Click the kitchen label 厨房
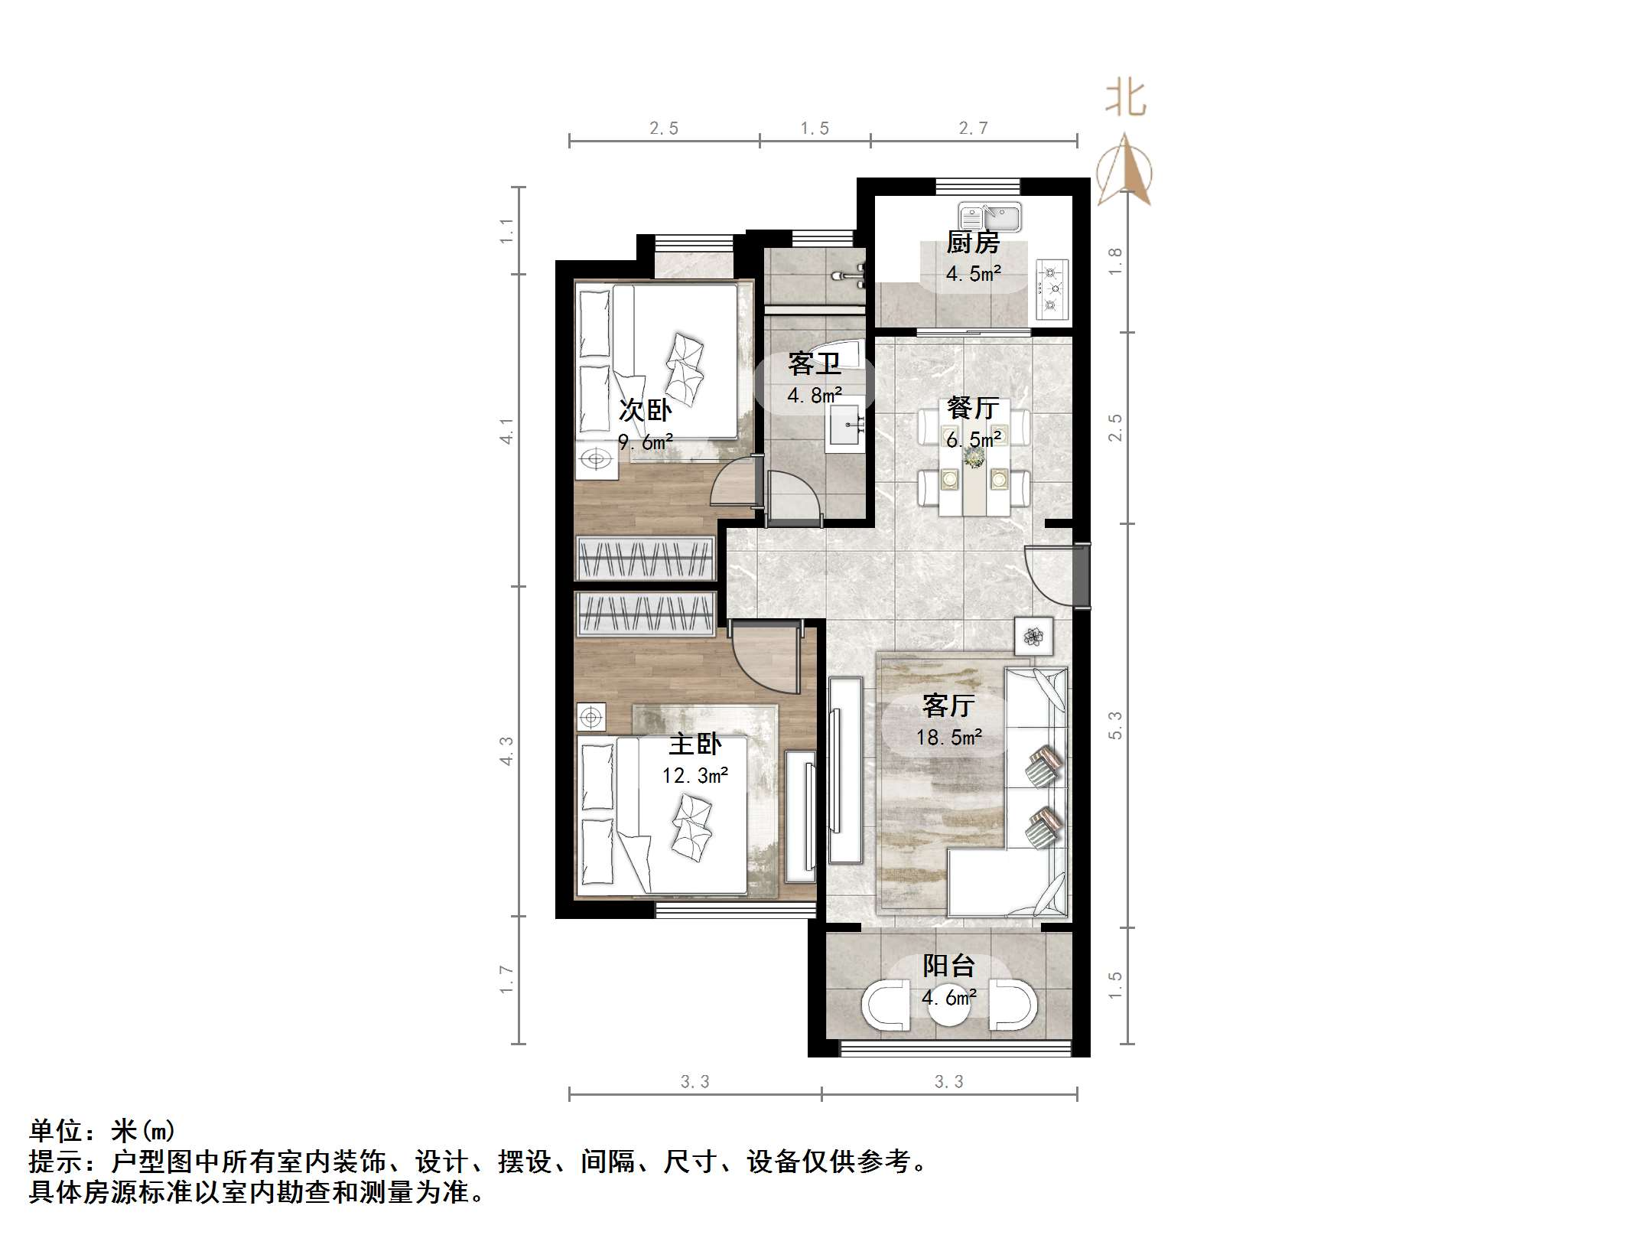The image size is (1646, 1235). tap(973, 243)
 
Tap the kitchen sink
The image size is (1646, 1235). tap(990, 217)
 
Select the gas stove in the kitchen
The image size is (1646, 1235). tap(1052, 288)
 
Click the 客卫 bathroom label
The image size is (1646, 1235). tap(815, 363)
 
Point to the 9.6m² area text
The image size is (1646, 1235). tap(646, 442)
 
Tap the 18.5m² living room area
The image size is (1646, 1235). tap(949, 737)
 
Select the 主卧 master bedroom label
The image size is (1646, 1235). tap(695, 744)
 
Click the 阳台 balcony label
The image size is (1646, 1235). tap(948, 966)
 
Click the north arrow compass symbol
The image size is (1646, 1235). tap(1124, 172)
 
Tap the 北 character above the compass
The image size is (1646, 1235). tap(1126, 99)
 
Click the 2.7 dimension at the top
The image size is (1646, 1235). tap(974, 128)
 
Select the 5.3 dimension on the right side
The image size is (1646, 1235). tap(1115, 725)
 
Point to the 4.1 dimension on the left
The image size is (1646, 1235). tap(506, 431)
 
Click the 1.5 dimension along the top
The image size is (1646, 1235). tap(815, 128)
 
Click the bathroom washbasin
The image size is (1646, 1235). tap(846, 425)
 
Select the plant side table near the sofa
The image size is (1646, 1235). tap(1033, 636)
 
